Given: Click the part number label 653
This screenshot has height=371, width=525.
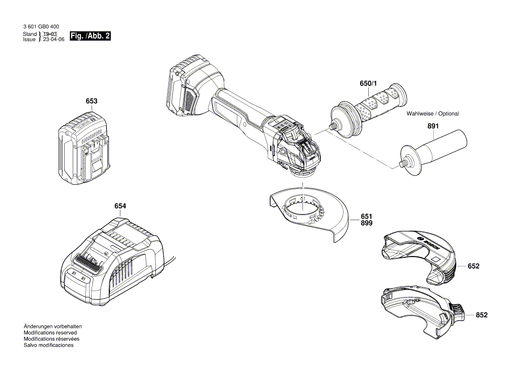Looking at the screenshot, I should pyautogui.click(x=92, y=102).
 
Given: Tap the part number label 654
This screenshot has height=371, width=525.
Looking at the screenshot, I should pyautogui.click(x=120, y=206).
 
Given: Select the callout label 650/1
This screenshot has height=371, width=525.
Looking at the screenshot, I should pyautogui.click(x=369, y=84).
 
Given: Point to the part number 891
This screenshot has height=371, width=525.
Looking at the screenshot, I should pyautogui.click(x=433, y=127).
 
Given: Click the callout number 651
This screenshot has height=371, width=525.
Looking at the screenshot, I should pyautogui.click(x=366, y=216).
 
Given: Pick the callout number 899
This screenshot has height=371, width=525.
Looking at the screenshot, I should pyautogui.click(x=366, y=223).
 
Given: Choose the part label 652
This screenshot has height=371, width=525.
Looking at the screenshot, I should pyautogui.click(x=473, y=266).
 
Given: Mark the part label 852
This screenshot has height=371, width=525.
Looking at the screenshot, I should pyautogui.click(x=481, y=315).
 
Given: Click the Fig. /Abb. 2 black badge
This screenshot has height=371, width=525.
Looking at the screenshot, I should pyautogui.click(x=90, y=36).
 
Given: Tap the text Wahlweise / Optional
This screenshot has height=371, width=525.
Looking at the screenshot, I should pyautogui.click(x=432, y=114).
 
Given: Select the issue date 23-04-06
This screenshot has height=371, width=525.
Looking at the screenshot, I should pyautogui.click(x=53, y=40).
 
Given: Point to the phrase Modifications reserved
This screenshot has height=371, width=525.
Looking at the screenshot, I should pyautogui.click(x=50, y=333).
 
